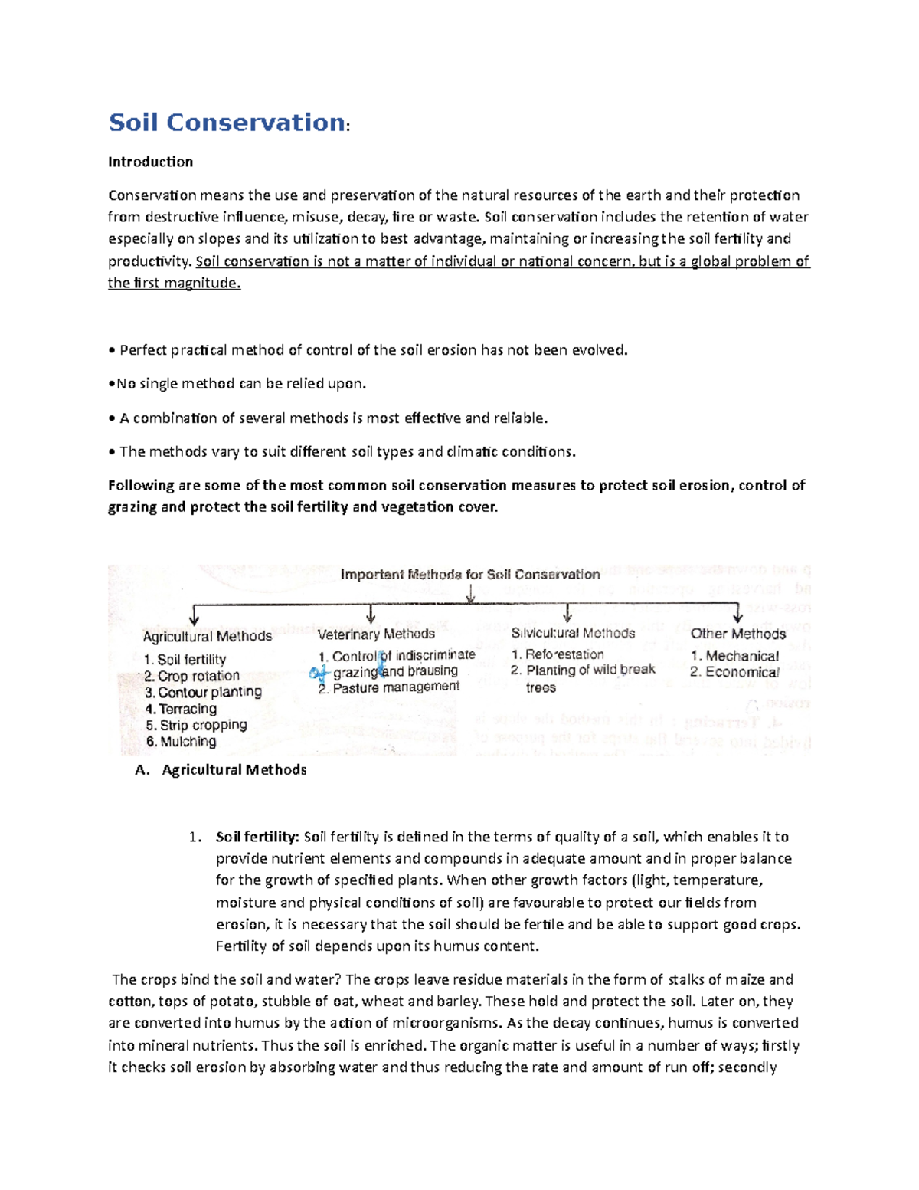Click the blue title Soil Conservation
tap(227, 123)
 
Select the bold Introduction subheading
tap(150, 162)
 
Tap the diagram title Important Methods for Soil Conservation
tap(469, 574)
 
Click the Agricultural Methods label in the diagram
tap(207, 636)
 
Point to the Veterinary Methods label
tap(376, 634)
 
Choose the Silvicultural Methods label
tap(573, 633)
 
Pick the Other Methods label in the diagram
tap(737, 634)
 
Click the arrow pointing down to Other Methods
tap(737, 614)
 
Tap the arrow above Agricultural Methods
tap(195, 615)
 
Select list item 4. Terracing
tap(181, 709)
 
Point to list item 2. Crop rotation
tap(191, 676)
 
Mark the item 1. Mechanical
tap(734, 656)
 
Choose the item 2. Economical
tap(734, 672)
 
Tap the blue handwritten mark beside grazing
tap(317, 673)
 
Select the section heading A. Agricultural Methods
tap(221, 770)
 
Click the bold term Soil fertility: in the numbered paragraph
tap(257, 837)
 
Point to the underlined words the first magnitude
tap(174, 283)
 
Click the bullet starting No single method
tap(237, 384)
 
